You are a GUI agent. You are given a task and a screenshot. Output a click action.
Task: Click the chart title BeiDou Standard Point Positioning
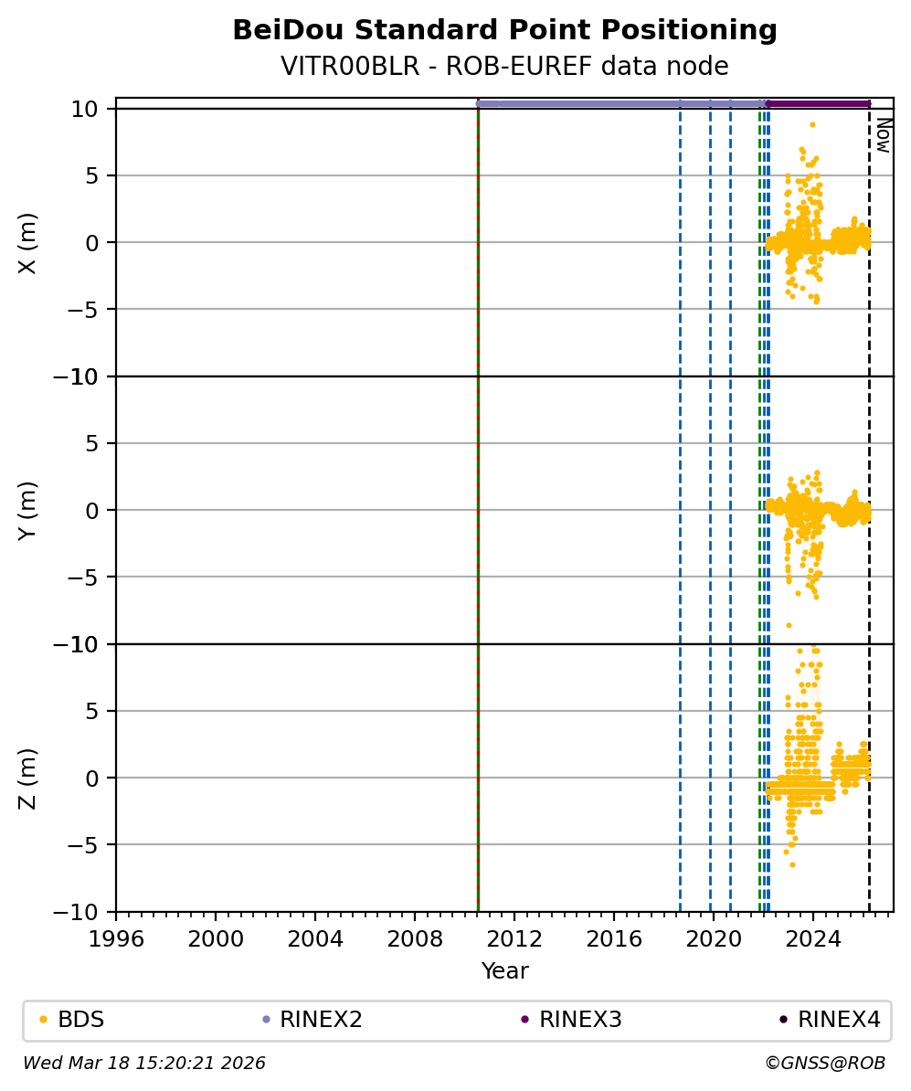click(504, 30)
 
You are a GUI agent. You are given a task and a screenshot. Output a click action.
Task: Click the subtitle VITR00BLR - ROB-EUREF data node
click(504, 67)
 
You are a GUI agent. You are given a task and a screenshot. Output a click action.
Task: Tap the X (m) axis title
click(28, 242)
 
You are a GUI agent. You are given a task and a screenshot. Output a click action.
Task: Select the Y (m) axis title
click(28, 510)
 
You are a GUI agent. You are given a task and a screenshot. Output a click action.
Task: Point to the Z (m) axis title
click(28, 778)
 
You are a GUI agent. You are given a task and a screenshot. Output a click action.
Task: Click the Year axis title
click(504, 971)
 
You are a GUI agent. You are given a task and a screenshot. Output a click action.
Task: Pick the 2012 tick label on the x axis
click(514, 937)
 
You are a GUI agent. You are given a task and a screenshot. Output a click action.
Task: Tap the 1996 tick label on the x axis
click(116, 937)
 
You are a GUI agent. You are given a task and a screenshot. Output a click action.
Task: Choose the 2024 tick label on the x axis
click(813, 937)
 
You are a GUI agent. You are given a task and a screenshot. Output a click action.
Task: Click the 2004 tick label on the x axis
click(315, 937)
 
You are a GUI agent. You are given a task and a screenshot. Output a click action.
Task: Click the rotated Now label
click(884, 134)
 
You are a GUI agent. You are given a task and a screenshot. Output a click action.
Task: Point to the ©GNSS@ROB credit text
click(825, 1064)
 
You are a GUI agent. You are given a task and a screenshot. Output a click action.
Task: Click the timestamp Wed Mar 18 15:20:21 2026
click(144, 1064)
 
